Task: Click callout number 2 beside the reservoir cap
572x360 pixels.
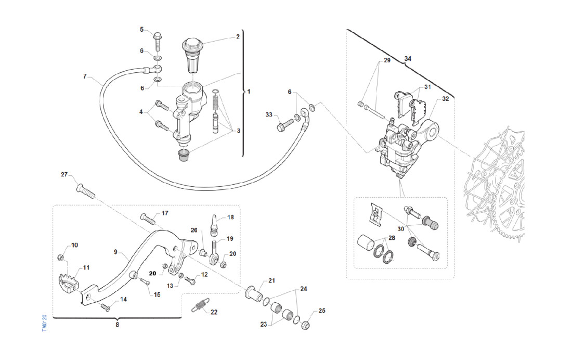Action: pos(238,37)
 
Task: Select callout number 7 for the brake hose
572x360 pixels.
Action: pos(85,76)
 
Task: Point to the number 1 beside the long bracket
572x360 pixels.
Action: pos(249,92)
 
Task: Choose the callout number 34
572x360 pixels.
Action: pos(408,60)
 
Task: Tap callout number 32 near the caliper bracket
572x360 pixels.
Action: pos(445,98)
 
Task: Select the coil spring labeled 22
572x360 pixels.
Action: pos(198,306)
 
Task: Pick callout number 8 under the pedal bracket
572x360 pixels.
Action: pos(117,325)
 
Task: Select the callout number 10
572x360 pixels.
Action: pos(74,245)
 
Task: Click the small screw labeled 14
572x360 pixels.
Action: pos(106,307)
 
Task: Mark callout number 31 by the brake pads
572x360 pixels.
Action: pos(427,87)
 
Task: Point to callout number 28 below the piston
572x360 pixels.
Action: pos(391,238)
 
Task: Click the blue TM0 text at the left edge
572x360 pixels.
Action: pos(45,324)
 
